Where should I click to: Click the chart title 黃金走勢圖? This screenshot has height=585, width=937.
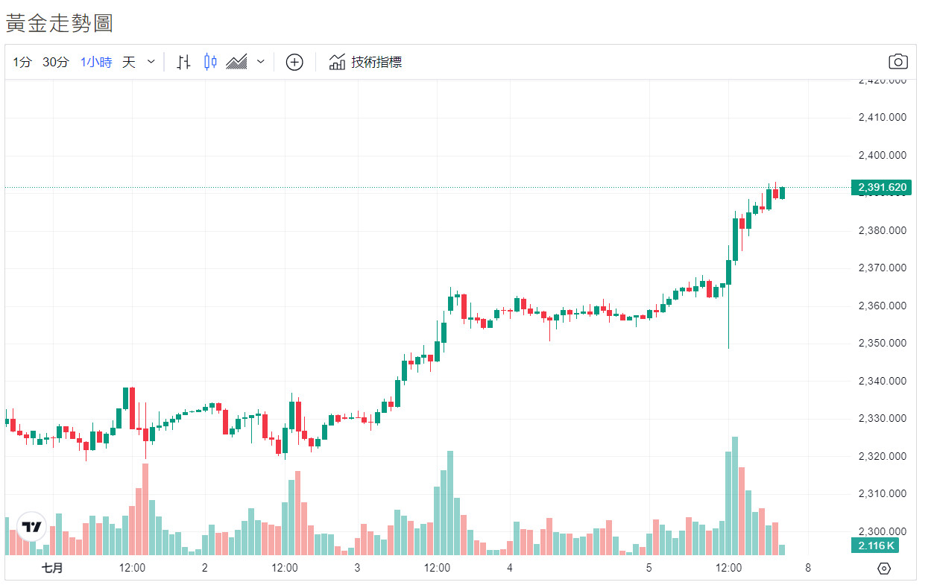[x=60, y=23]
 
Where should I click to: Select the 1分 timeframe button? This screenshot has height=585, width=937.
[x=22, y=63]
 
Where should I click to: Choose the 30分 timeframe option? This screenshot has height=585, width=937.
[x=55, y=63]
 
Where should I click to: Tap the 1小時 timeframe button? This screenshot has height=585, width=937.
[x=96, y=63]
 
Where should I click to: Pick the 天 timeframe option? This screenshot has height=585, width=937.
[x=129, y=63]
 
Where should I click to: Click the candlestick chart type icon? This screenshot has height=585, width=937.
[x=210, y=62]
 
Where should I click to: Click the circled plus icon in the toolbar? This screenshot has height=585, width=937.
[x=294, y=63]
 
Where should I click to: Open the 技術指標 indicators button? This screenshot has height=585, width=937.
[x=366, y=63]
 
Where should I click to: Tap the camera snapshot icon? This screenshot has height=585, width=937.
[x=898, y=62]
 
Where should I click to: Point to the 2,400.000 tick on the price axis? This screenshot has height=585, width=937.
[x=882, y=156]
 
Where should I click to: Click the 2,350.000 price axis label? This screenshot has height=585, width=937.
[x=882, y=344]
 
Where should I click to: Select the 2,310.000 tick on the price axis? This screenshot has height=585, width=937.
[x=882, y=494]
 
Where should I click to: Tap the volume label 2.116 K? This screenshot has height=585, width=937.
[x=876, y=546]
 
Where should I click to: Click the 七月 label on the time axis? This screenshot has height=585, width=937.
[x=52, y=568]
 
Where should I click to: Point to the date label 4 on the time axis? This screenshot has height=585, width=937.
[x=510, y=568]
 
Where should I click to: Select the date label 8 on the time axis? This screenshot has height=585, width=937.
[x=807, y=568]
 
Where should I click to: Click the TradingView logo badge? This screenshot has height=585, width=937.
[x=31, y=527]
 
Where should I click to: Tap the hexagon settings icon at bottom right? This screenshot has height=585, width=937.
[x=884, y=569]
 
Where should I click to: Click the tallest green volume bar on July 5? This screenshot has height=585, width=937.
[x=735, y=496]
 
